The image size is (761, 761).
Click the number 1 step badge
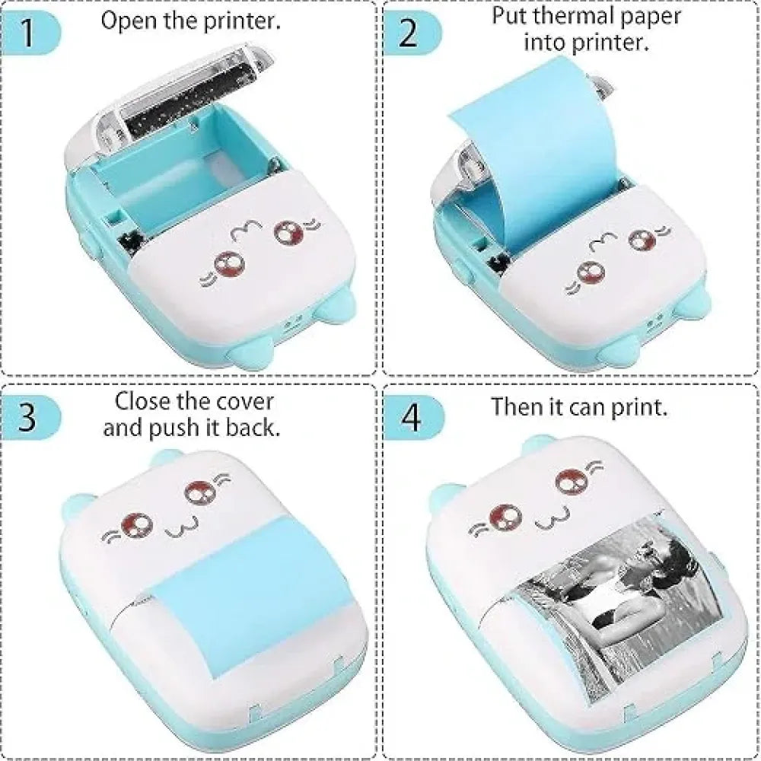pyautogui.click(x=28, y=33)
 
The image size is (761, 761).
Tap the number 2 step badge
pyautogui.click(x=409, y=33)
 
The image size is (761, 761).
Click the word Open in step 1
pyautogui.click(x=126, y=21)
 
